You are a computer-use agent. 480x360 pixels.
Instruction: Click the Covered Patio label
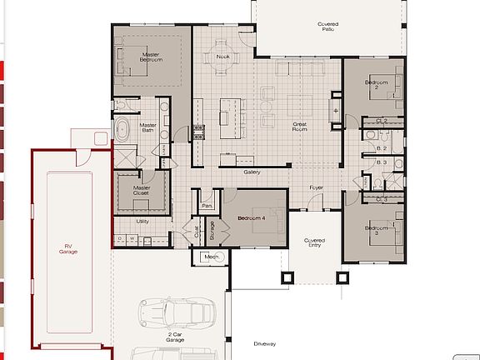coord(327,27)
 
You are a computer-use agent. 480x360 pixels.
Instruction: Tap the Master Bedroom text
coord(151,57)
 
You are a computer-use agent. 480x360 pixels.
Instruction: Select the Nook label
coord(222,57)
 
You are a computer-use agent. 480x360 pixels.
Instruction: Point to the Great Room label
coord(300,127)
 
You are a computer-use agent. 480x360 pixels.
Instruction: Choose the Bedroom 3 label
coord(382,230)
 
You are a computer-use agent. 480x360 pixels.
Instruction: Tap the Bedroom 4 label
coord(251,217)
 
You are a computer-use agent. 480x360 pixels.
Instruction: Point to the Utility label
coord(142,221)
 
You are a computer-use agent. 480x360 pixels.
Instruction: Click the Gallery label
coord(252,172)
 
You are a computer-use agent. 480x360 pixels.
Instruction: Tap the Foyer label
coord(317,188)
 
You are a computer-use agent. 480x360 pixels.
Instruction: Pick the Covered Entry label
coord(313,242)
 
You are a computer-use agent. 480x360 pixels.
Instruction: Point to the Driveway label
coord(264,343)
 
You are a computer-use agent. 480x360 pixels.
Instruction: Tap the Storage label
coord(212,229)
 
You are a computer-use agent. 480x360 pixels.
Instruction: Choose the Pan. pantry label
coord(207,204)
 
